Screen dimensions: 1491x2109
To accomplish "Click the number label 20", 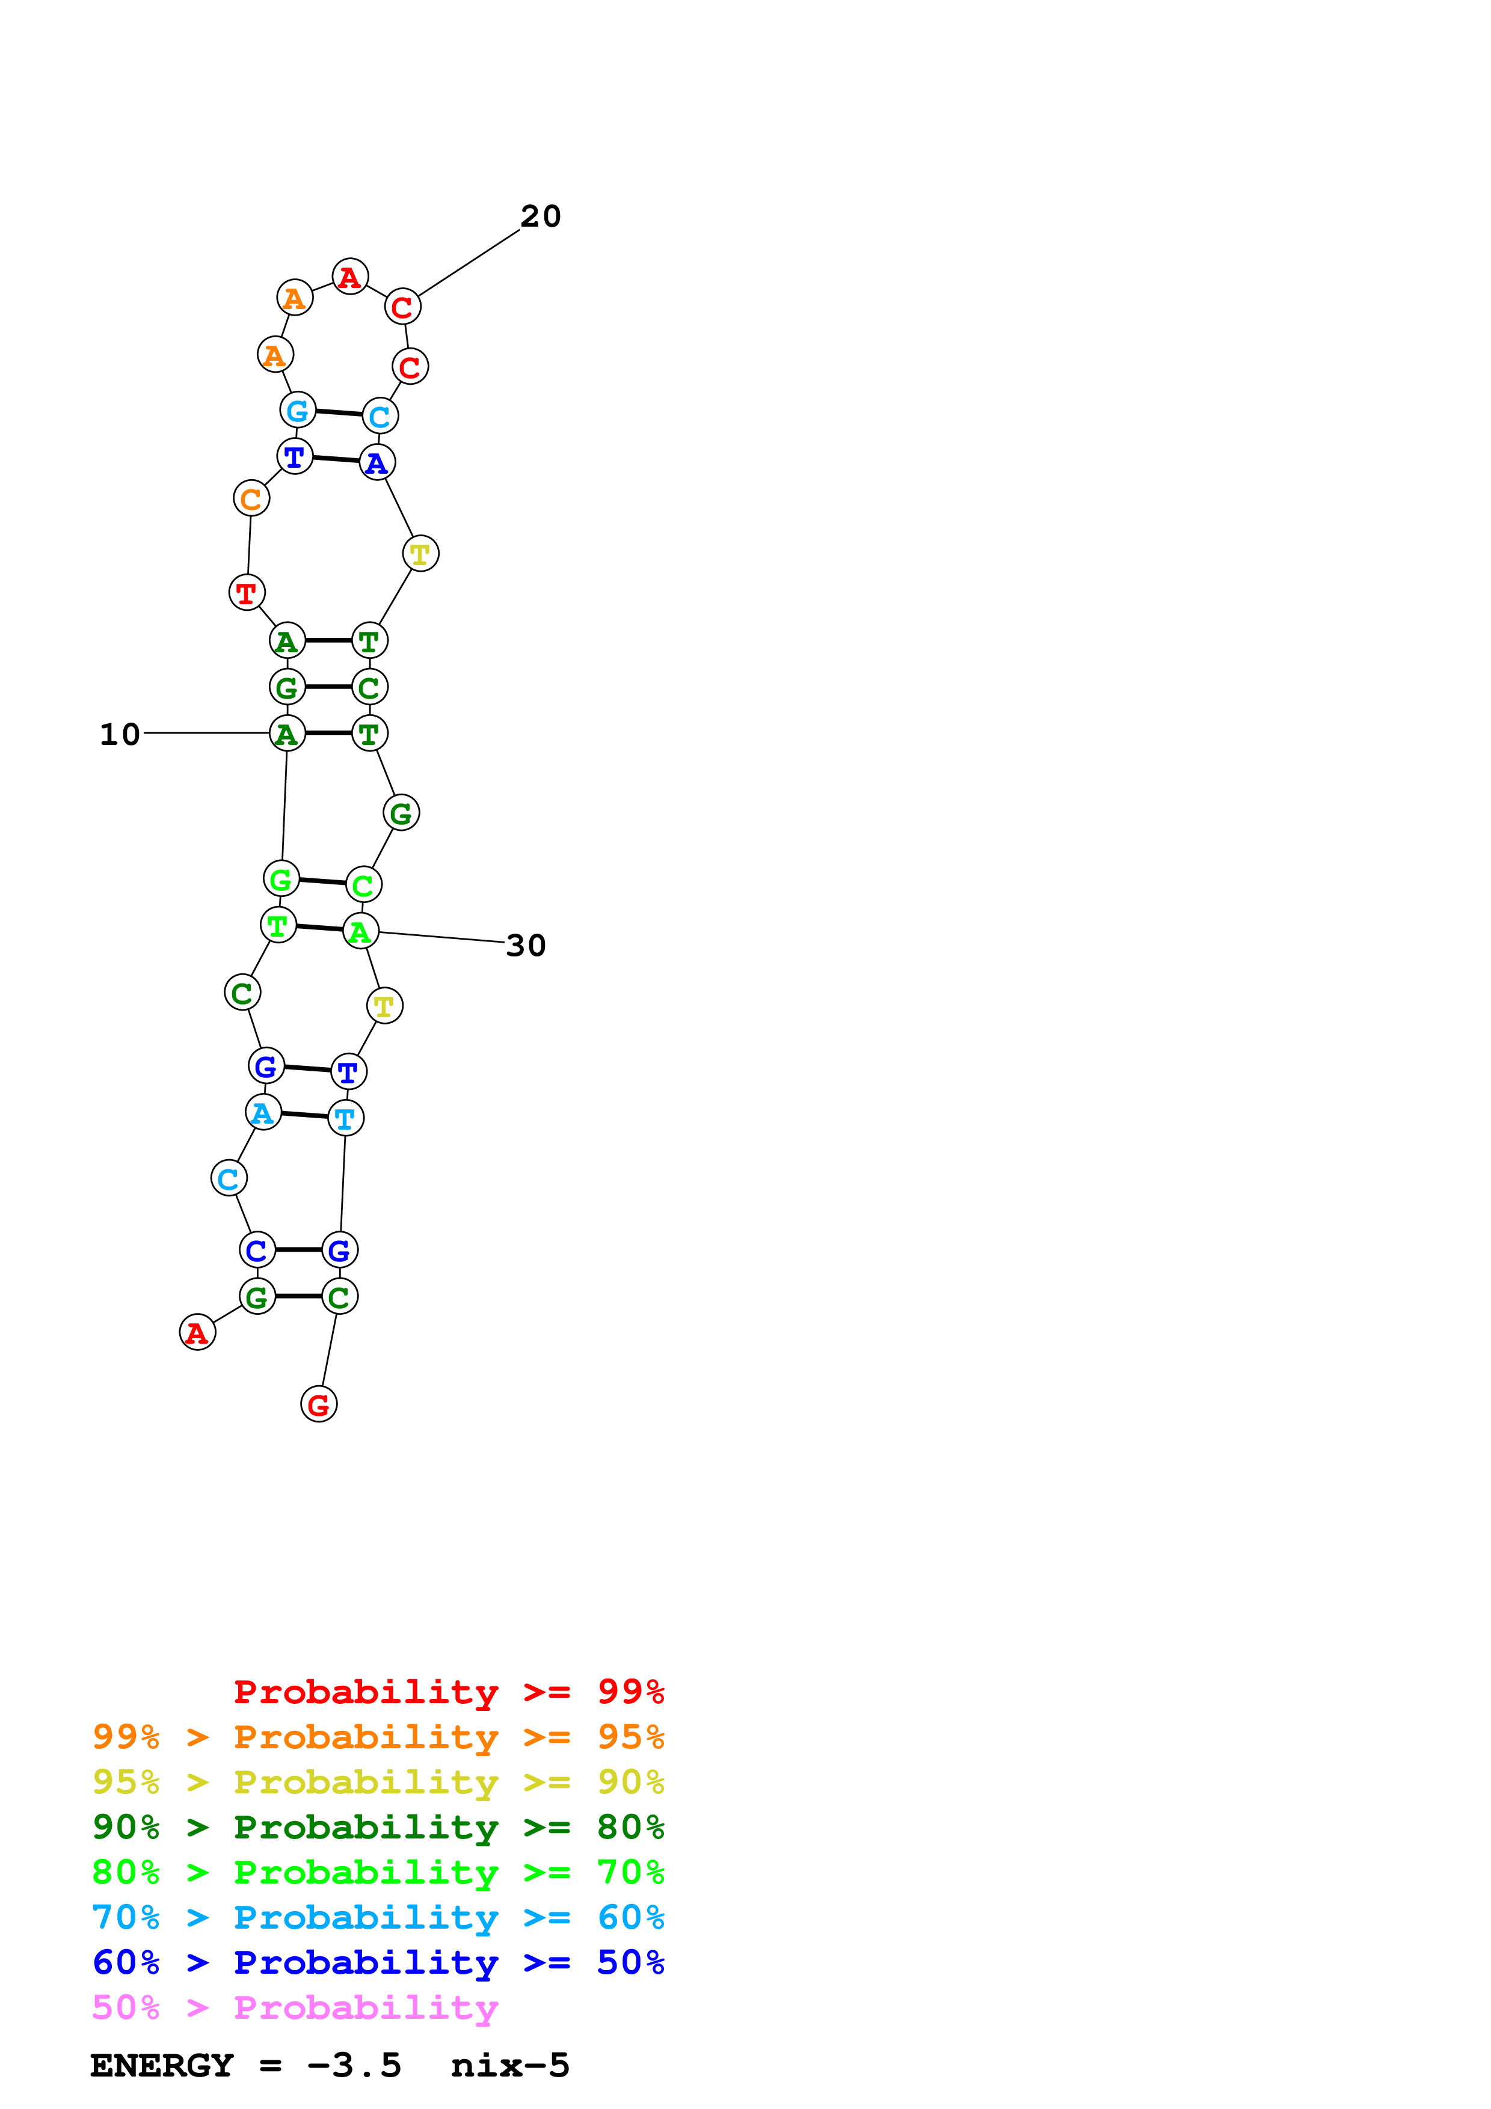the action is pyautogui.click(x=540, y=217).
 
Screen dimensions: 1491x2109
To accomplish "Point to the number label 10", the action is pyautogui.click(x=120, y=734).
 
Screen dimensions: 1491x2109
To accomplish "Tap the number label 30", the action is pyautogui.click(x=526, y=945).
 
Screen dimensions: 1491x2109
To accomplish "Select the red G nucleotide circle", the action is pyautogui.click(x=319, y=1404).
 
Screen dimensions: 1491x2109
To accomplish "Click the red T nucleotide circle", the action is pyautogui.click(x=246, y=592).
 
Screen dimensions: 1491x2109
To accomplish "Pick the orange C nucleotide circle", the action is pyautogui.click(x=251, y=499).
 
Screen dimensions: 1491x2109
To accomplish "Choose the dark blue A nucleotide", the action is pyautogui.click(x=377, y=463).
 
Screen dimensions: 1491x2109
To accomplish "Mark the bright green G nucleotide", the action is pyautogui.click(x=281, y=879).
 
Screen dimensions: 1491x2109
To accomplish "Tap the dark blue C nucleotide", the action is pyautogui.click(x=257, y=1249).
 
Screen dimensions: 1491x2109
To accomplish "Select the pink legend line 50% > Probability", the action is pyautogui.click(x=295, y=2008).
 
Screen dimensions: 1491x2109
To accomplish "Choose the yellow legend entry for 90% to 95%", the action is pyautogui.click(x=378, y=1782).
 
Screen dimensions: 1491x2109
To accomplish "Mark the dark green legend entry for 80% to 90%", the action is pyautogui.click(x=378, y=1827).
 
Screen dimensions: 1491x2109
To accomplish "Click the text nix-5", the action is pyautogui.click(x=510, y=2066).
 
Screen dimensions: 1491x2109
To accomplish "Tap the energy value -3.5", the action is pyautogui.click(x=354, y=2066).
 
